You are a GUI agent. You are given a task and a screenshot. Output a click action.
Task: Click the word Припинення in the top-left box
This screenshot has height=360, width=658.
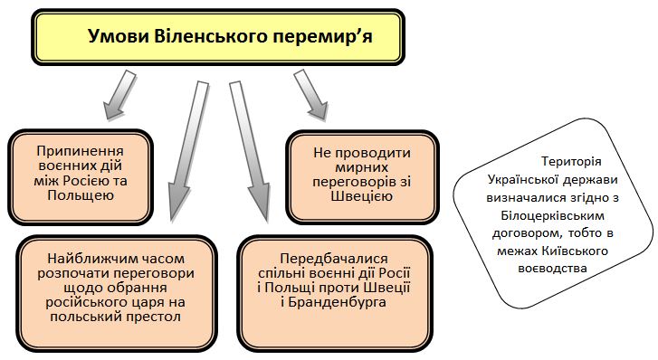click(80, 151)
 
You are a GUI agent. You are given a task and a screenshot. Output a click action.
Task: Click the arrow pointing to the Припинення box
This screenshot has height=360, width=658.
click(122, 98)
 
